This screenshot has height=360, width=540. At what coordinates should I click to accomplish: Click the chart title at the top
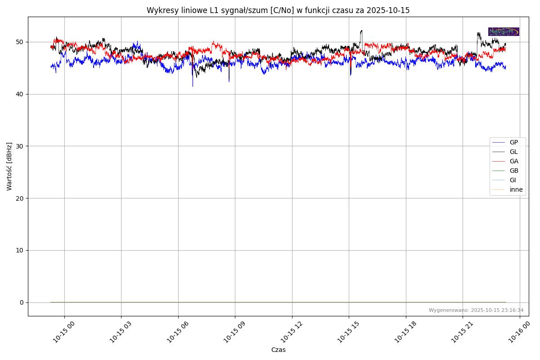(278, 10)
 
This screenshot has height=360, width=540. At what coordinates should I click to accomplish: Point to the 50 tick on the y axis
(20, 42)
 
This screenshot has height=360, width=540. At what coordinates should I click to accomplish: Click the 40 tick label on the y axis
(20, 94)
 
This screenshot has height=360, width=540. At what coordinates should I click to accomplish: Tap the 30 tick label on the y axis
(20, 146)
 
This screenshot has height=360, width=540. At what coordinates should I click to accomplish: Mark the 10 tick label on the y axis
(20, 250)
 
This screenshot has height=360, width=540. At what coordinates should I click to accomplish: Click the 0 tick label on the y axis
(22, 302)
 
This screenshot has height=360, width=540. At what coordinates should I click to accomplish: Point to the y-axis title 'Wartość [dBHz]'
(9, 166)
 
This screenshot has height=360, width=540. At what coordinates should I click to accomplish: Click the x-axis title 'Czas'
(278, 350)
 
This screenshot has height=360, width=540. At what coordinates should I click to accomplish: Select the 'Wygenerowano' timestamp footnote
(476, 310)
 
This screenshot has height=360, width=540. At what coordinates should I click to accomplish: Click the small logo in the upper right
(504, 31)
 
